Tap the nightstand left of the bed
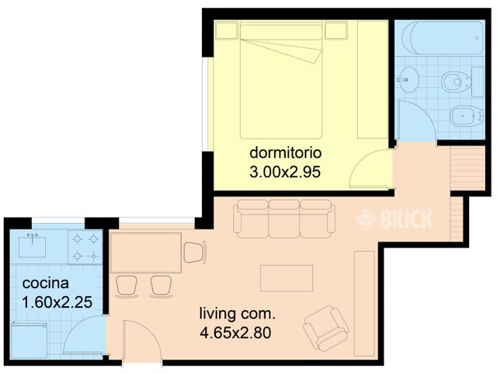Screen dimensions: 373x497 [x=227, y=31]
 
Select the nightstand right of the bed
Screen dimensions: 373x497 [x=335, y=31]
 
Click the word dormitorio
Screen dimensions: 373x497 [x=286, y=152]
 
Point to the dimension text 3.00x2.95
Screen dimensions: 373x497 [x=286, y=170]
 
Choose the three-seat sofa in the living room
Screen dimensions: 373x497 [x=284, y=218]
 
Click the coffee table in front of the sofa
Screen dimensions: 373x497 [x=287, y=278]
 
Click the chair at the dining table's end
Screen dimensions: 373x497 [x=195, y=252]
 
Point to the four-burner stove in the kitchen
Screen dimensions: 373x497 [x=85, y=247]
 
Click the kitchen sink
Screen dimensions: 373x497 [x=33, y=246]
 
